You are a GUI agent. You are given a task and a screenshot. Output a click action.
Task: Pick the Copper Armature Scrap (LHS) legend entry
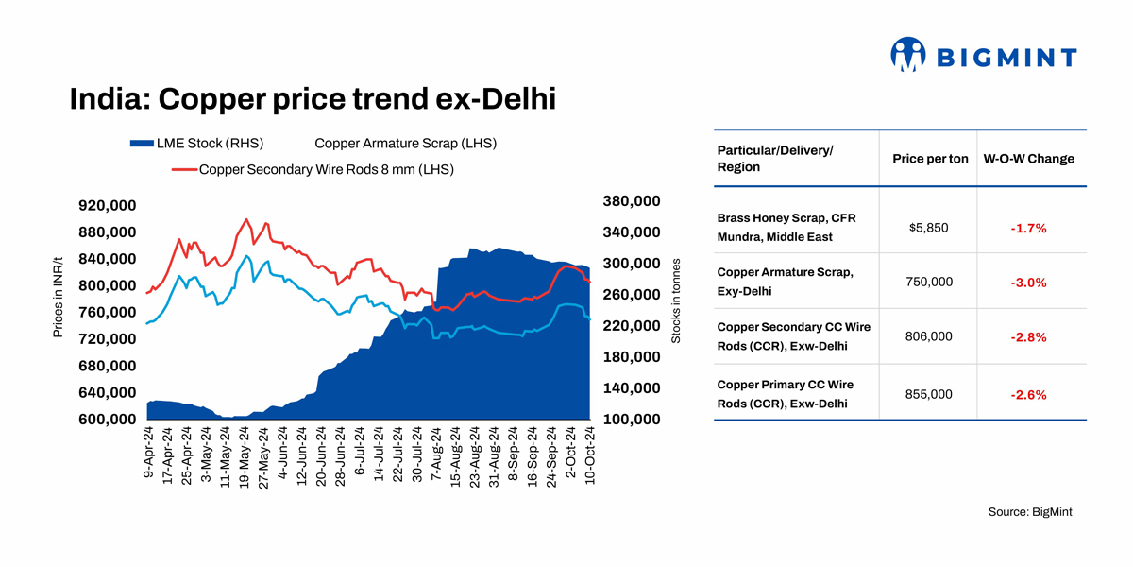click(405, 144)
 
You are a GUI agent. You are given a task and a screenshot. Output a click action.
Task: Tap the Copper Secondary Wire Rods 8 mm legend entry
click(327, 170)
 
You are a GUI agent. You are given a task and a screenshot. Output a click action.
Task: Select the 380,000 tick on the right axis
click(631, 201)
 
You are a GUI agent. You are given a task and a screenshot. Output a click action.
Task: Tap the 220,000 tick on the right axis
click(631, 326)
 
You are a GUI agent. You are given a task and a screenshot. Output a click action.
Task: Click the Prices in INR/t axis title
click(59, 296)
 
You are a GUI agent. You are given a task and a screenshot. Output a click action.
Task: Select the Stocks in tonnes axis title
click(676, 301)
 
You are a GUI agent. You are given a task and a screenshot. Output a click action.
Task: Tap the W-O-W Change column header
click(1029, 159)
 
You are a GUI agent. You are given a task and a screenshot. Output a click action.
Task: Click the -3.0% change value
click(1028, 282)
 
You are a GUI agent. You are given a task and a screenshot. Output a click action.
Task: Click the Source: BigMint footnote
click(1030, 511)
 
